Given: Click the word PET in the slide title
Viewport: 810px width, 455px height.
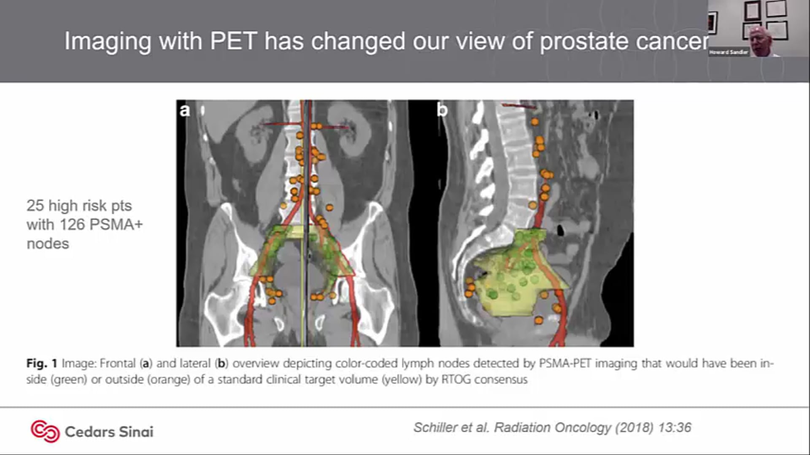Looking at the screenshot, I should (234, 41).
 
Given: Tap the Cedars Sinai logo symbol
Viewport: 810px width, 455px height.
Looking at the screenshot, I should (45, 431).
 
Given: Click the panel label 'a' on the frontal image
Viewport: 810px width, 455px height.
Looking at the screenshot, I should (185, 110).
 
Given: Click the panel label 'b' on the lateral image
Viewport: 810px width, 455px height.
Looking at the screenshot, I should (442, 110).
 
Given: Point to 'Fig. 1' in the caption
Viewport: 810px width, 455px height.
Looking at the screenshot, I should (41, 363).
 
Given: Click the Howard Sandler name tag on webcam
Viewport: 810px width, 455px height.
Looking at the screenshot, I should (729, 52).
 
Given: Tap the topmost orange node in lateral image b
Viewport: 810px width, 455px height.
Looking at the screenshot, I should (535, 122).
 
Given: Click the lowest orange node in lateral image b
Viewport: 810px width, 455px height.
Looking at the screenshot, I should (538, 321).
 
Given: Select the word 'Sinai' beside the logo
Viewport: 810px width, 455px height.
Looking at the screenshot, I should (136, 432).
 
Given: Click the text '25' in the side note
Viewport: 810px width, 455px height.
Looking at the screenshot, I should (35, 206).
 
